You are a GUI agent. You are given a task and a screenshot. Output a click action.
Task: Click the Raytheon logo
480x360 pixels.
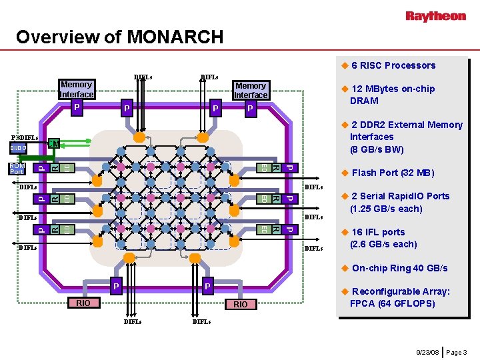(436, 15)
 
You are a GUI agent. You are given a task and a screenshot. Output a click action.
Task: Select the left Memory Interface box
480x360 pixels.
(76, 89)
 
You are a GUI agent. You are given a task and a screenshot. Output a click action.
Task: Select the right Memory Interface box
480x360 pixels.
(251, 90)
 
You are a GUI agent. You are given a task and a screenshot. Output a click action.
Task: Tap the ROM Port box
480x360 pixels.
(17, 169)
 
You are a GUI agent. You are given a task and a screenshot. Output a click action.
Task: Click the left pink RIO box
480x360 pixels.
(83, 303)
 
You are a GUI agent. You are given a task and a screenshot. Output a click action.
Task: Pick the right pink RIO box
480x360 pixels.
(241, 304)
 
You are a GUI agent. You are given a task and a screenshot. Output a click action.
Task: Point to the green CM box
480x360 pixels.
(55, 143)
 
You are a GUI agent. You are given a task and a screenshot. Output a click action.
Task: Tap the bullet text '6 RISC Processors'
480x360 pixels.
(393, 65)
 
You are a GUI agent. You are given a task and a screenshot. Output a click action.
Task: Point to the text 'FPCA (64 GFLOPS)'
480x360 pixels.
(392, 303)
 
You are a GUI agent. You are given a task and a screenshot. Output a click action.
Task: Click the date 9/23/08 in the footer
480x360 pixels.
(427, 351)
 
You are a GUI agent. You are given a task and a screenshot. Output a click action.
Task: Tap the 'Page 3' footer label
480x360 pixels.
(456, 351)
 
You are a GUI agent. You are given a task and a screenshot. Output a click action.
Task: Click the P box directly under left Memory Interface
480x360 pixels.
(77, 106)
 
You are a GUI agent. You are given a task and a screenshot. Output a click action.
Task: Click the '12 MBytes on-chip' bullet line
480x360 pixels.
(393, 89)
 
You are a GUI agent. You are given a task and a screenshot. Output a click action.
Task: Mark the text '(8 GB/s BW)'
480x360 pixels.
(377, 149)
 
